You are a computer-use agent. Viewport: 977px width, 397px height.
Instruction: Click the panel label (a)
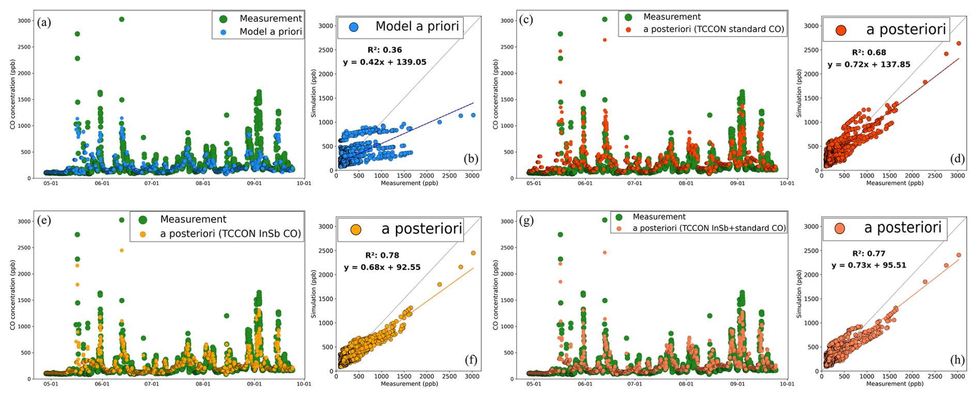tap(44, 22)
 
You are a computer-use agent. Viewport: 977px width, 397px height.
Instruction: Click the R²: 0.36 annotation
tap(385, 50)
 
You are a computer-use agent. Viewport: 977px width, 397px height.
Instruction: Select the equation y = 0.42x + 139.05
tap(385, 62)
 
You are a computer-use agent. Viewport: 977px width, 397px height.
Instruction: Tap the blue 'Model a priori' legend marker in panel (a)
tap(224, 32)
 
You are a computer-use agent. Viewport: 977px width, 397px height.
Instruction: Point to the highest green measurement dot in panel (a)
tap(121, 19)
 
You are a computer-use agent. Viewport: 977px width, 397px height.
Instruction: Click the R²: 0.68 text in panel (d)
tap(869, 52)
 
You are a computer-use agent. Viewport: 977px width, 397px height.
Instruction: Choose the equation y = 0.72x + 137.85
tap(869, 65)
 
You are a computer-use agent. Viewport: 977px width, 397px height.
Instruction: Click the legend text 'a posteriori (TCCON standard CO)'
tap(714, 29)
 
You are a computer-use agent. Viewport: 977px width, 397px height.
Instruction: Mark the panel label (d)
tap(957, 159)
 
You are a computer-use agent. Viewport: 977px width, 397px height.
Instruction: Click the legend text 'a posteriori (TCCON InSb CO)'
tap(230, 234)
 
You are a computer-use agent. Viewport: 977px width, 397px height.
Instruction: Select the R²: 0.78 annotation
tap(382, 255)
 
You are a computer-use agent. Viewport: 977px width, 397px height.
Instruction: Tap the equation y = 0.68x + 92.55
tap(382, 267)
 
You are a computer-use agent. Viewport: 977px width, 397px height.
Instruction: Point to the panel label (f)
tap(470, 360)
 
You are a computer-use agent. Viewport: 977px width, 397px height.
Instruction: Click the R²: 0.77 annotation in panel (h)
tap(869, 253)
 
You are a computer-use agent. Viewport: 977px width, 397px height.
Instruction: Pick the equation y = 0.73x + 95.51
tap(869, 265)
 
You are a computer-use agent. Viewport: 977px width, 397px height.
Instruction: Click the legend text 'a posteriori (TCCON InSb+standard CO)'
tap(709, 228)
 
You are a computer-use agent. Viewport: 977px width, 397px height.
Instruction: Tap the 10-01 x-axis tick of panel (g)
tap(786, 384)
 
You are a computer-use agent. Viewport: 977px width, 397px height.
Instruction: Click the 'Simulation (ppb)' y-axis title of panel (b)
tap(313, 94)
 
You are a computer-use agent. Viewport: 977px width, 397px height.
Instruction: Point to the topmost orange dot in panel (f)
tap(473, 253)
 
